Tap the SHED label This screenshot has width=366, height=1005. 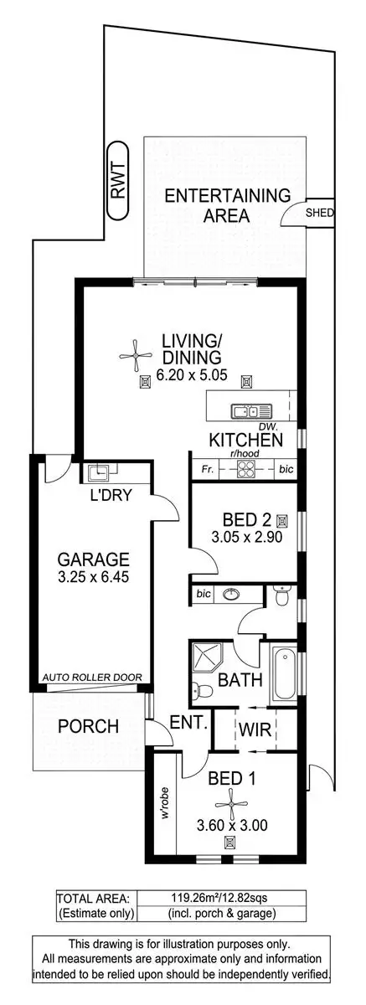coord(320,213)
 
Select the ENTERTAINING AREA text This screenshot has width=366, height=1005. coord(227,205)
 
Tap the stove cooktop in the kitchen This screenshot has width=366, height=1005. coord(247,470)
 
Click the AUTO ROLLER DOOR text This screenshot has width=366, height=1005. coord(92,678)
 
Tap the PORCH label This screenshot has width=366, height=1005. coord(88,727)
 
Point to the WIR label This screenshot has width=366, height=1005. coord(255,730)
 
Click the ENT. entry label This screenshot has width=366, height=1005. coord(188,722)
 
